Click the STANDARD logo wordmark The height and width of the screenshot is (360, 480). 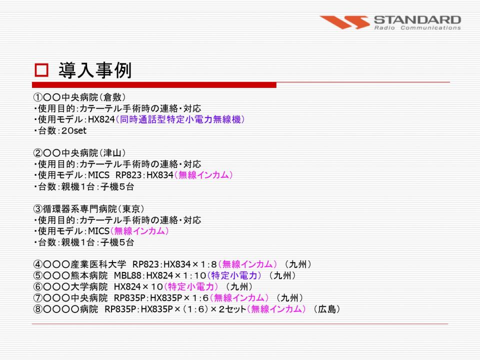point(417,20)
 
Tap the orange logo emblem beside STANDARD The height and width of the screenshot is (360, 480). point(344,22)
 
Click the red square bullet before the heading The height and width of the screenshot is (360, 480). point(41,70)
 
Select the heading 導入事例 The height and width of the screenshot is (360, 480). point(95,70)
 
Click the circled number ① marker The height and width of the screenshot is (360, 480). point(37,97)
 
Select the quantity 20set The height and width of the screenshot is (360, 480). point(74,130)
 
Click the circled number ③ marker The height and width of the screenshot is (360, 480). point(37,209)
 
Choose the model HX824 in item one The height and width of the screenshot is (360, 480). point(101,119)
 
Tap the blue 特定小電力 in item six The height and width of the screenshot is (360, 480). point(191,287)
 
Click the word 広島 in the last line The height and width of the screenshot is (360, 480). point(327,309)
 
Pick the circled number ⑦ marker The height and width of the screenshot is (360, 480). point(37,298)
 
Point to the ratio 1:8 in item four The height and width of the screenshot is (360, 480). point(209,264)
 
